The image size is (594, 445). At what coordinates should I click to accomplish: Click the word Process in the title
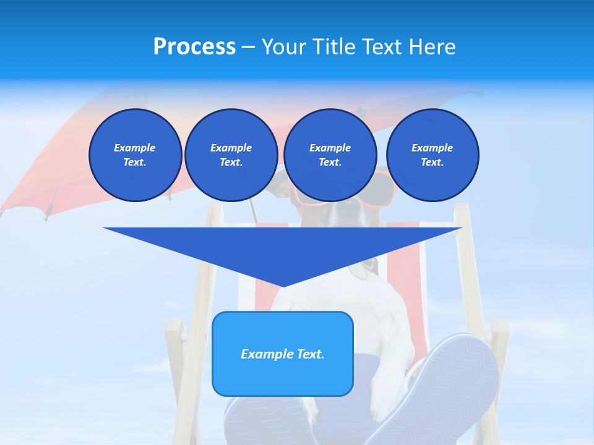coord(194,46)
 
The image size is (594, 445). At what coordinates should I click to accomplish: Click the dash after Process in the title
coord(249,47)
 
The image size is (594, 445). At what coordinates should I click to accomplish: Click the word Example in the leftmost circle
coord(135,148)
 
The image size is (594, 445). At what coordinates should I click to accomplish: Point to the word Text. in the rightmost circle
coord(433,163)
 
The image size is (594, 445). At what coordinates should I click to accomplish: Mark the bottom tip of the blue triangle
coord(283,286)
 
